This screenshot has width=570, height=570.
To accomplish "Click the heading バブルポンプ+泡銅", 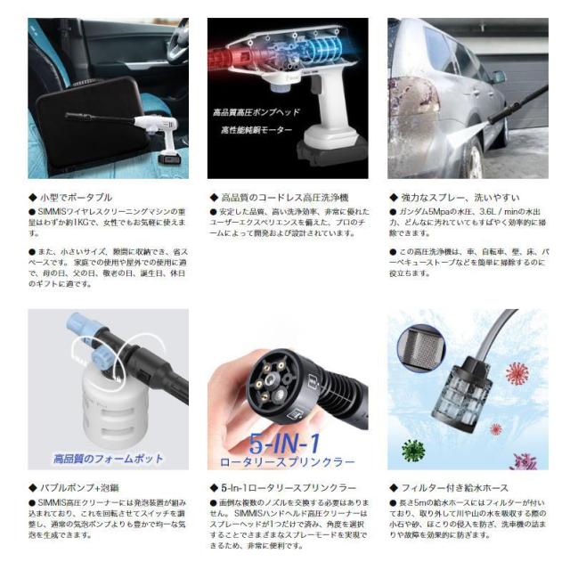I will coord(72,489).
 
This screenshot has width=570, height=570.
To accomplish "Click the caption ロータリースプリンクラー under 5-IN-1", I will coord(288,461).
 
